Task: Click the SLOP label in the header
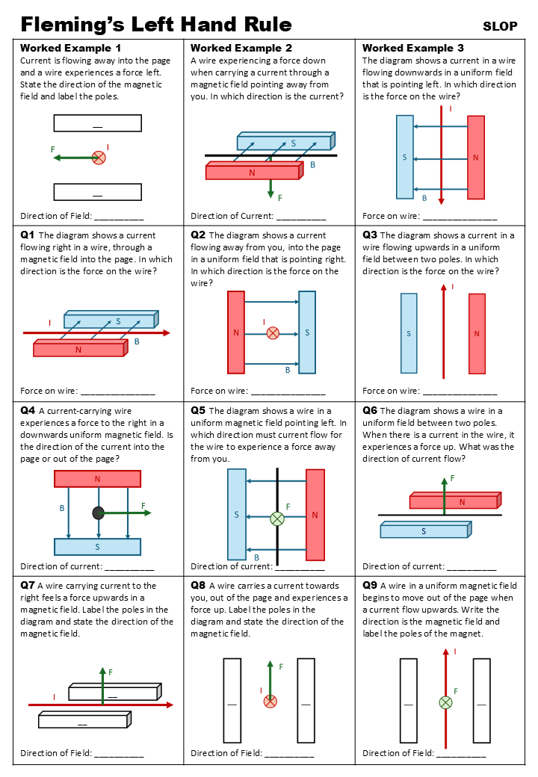click(500, 26)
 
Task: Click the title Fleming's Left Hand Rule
click(156, 25)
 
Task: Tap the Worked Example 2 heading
click(241, 48)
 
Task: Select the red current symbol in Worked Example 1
click(98, 157)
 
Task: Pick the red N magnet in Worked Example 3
click(475, 157)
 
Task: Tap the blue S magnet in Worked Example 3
click(404, 157)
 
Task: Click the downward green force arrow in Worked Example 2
click(270, 189)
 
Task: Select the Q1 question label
click(28, 235)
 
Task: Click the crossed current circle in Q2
click(273, 332)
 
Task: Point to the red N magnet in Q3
click(477, 333)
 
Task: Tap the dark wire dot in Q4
click(98, 513)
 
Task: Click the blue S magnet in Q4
click(97, 547)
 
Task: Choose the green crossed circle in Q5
click(277, 518)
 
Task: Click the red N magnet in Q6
click(454, 502)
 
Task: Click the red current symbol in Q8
click(270, 701)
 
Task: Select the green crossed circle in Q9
click(445, 702)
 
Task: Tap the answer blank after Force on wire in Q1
click(117, 391)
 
